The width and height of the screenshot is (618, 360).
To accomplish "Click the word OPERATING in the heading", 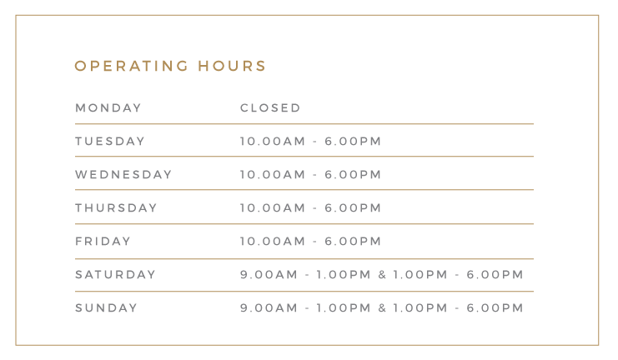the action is pos(132,66).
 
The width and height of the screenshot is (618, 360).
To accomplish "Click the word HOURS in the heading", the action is pos(232,66).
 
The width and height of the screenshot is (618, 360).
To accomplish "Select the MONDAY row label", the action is pos(108,108).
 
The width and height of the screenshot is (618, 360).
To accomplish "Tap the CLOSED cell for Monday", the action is pos(270,108).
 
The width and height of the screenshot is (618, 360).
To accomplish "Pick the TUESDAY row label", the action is pos(110,142).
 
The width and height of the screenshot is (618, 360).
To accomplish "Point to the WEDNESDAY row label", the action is pos(123,174).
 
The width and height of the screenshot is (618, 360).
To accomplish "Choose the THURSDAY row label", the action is pos(116,208).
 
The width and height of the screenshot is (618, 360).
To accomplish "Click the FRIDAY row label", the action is pos(103,241).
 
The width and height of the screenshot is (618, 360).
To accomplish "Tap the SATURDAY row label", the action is pos(115,274).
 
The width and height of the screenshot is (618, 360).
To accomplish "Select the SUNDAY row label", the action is pos(107,308).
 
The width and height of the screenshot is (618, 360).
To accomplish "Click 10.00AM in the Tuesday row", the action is pos(273,142).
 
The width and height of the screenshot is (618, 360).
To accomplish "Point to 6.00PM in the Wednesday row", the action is pos(353,174).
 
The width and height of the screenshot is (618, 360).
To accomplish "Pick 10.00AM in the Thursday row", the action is pos(273,208).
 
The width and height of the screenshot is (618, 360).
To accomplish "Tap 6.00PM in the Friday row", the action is pos(353,241).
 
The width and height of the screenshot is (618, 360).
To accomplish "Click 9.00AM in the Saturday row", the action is pos(269,274).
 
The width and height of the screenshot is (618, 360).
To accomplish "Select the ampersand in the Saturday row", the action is pos(382,274).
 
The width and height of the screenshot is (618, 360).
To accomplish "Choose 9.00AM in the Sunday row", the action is pos(269,308).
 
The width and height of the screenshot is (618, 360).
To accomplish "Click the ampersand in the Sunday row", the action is pos(382,308).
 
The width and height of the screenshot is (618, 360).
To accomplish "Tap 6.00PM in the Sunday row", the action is pos(495,308).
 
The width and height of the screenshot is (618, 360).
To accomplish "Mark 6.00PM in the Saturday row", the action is pos(495,274).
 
